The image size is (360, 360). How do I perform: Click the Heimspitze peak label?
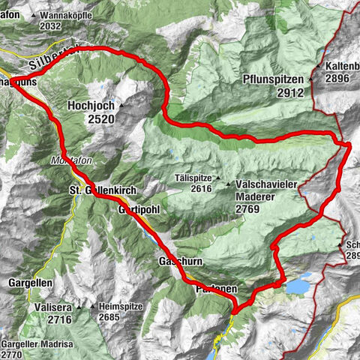(x=126, y=307)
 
